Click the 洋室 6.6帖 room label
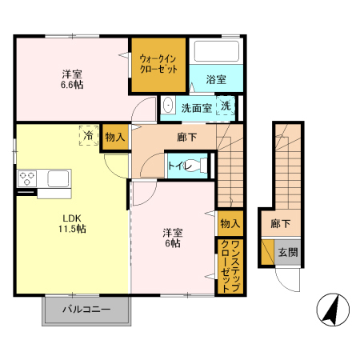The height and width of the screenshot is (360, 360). (70, 81)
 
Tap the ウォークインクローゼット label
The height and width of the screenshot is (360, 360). (158, 64)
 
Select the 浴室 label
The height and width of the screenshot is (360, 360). (215, 80)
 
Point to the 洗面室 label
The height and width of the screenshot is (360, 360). (196, 107)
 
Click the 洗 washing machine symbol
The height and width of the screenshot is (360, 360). (226, 106)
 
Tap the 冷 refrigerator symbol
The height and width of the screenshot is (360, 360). (88, 137)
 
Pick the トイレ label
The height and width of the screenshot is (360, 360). (178, 166)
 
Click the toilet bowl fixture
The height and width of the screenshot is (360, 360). (202, 166)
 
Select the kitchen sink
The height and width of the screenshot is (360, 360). (60, 178)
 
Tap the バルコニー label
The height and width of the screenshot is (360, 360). (86, 309)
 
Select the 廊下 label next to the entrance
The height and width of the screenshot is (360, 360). (280, 224)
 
